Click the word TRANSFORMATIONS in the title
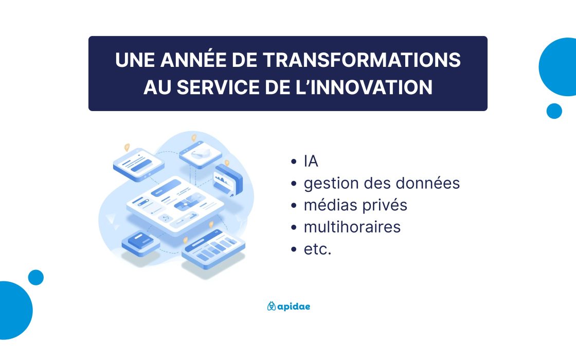[362, 60]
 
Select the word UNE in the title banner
[135, 60]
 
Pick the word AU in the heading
[157, 87]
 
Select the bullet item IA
[311, 161]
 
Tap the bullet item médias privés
[355, 205]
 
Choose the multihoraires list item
[352, 227]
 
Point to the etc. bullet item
[317, 249]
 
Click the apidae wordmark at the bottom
[294, 307]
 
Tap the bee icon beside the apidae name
[272, 306]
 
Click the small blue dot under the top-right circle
[554, 111]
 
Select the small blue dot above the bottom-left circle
[36, 277]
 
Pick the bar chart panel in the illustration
[213, 248]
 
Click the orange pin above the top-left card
[127, 147]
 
